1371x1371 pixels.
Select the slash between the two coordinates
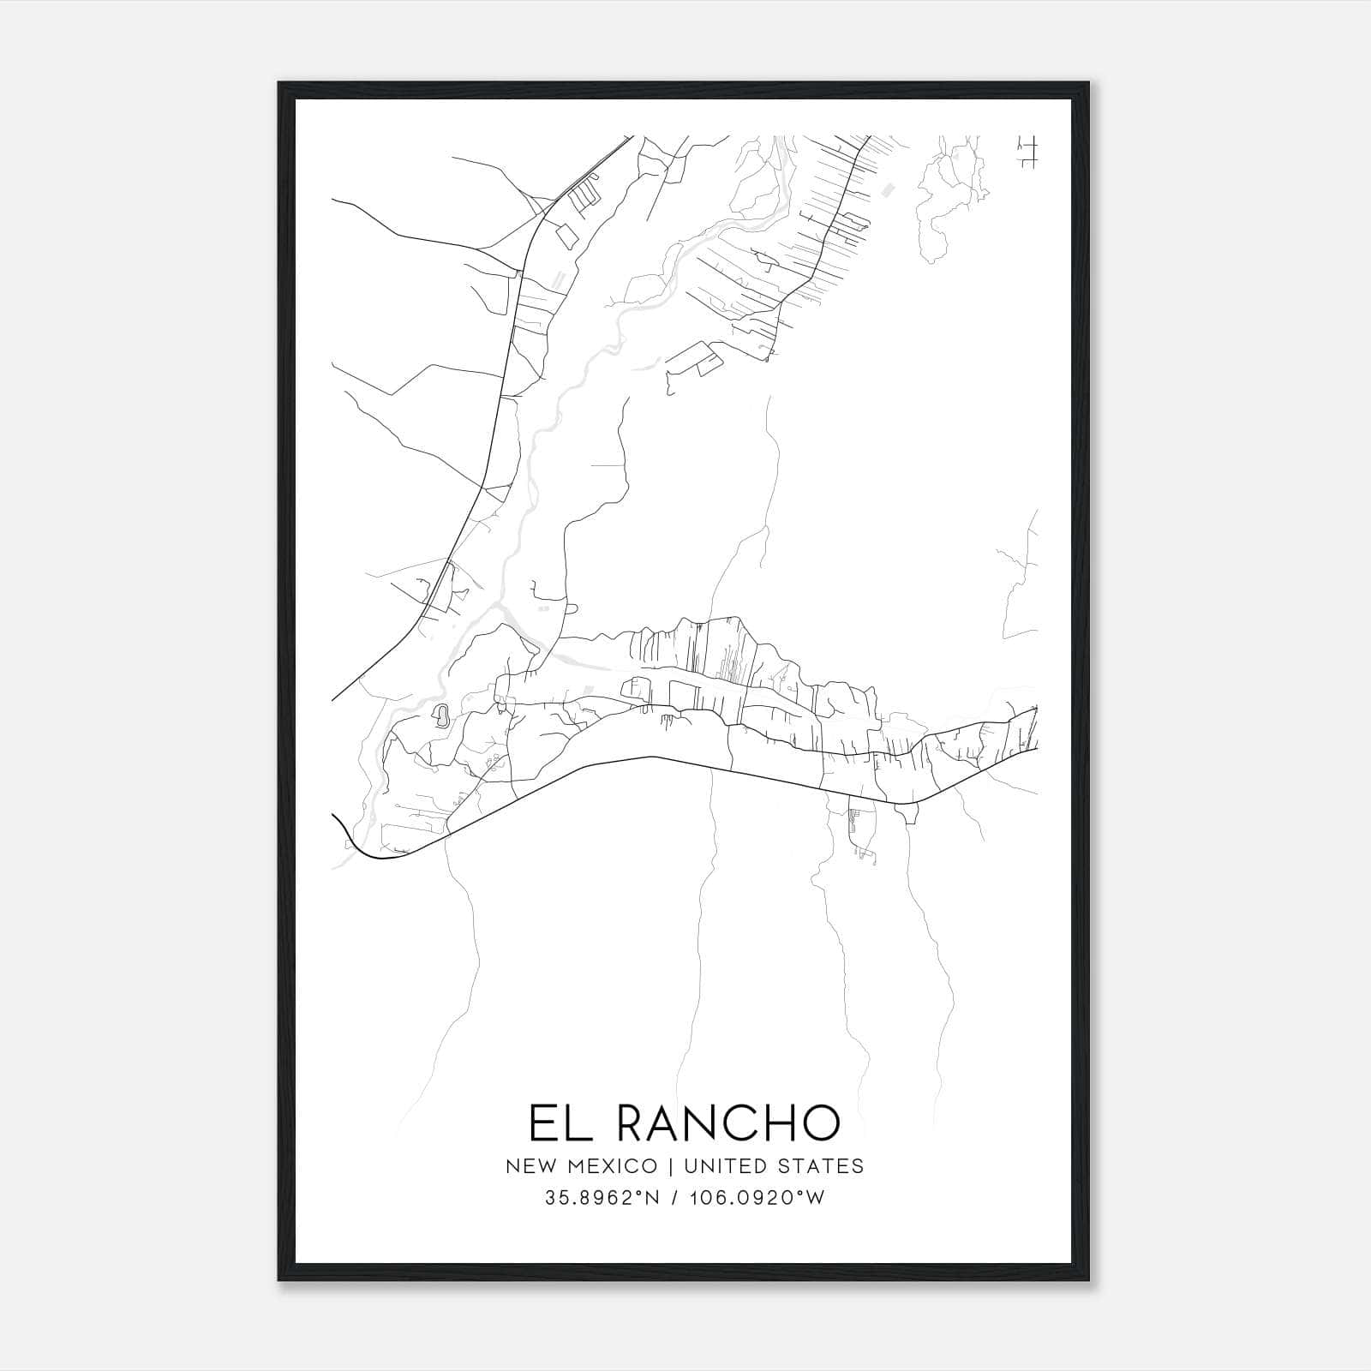tap(677, 1198)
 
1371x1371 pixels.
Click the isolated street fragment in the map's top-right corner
tap(1026, 152)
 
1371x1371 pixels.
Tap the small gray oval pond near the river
tap(441, 715)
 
